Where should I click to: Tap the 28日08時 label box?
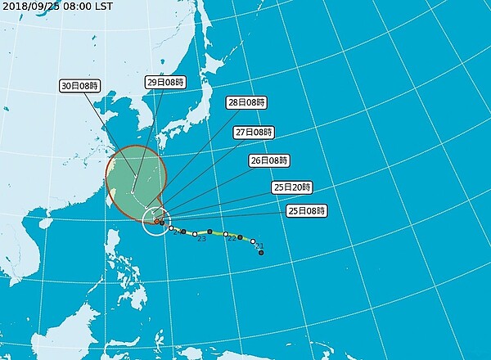point(246,103)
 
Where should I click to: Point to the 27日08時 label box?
point(254,132)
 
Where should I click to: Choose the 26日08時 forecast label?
point(268,160)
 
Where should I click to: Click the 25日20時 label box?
point(292,187)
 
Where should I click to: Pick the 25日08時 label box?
point(308,210)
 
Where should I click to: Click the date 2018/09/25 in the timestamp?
point(27,7)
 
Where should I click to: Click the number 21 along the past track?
point(259,245)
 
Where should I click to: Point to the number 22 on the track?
point(232,239)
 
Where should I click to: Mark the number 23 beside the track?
point(201,238)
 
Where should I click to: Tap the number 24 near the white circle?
point(176,233)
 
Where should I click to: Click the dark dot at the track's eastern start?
point(261,253)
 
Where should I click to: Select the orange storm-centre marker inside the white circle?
point(157,221)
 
